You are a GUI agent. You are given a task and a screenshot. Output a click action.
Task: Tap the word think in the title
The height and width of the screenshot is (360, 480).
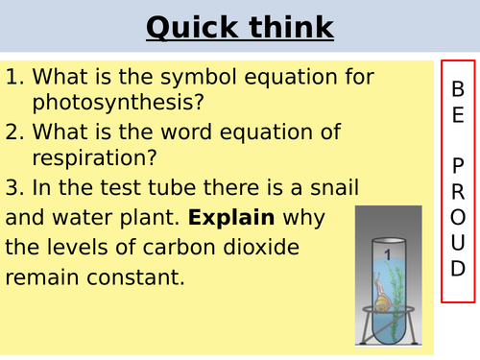pyautogui.click(x=287, y=29)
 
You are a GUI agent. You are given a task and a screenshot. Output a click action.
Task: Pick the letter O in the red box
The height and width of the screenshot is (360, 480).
pyautogui.click(x=457, y=215)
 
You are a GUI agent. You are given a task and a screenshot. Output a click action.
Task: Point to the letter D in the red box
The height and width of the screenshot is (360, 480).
pyautogui.click(x=457, y=267)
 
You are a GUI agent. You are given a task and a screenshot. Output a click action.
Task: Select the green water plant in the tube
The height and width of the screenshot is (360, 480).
pyautogui.click(x=396, y=288)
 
